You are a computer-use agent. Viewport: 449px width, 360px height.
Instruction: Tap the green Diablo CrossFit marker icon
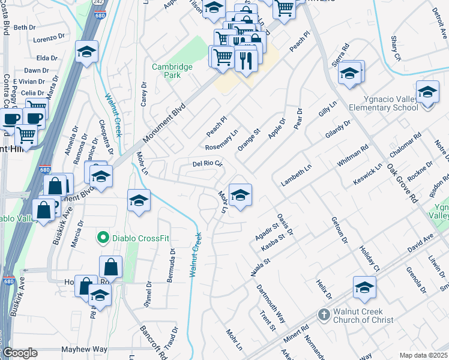click(x=103, y=238)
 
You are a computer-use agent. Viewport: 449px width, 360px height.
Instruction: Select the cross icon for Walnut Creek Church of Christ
click(x=324, y=314)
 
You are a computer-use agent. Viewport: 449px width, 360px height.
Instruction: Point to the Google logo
click(x=20, y=353)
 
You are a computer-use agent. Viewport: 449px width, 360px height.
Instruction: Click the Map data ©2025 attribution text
click(x=423, y=355)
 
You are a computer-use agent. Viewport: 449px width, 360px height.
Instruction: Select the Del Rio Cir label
click(x=207, y=163)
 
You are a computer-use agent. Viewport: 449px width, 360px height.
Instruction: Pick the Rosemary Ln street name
click(x=221, y=140)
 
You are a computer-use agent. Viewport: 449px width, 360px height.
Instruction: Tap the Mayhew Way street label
click(x=83, y=349)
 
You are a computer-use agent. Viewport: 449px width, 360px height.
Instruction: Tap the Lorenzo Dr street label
click(x=49, y=38)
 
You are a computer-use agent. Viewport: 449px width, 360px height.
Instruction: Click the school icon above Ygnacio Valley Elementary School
click(x=427, y=93)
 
